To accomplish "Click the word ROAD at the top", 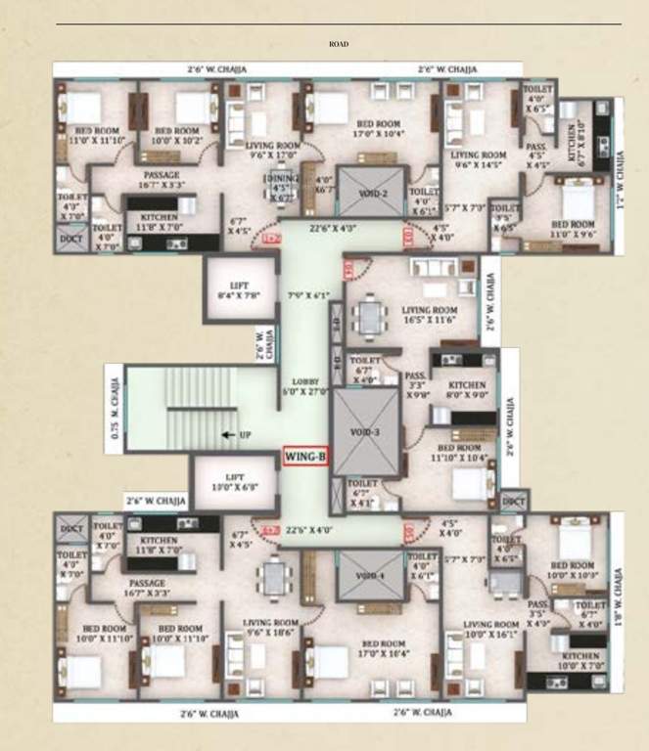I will click(x=339, y=44).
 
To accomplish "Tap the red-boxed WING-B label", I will click(x=304, y=456).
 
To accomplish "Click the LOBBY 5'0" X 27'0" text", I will click(x=304, y=387).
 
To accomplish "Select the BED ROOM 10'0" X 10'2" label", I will click(x=178, y=135).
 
